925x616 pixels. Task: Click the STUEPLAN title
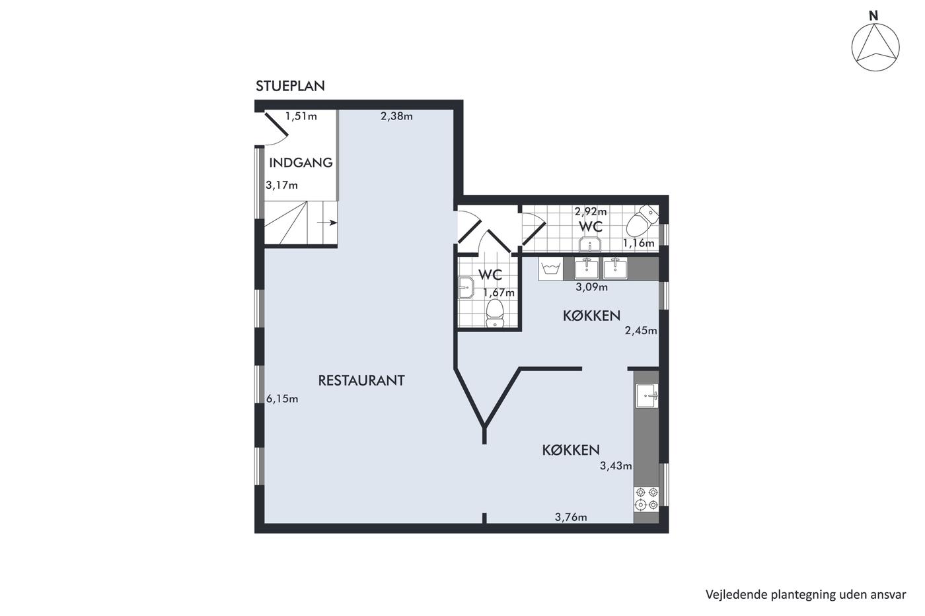click(x=290, y=86)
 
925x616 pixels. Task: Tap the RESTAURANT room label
click(x=361, y=380)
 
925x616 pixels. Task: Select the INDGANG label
click(x=301, y=162)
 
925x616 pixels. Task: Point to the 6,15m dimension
click(x=282, y=399)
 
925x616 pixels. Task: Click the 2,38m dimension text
click(x=396, y=116)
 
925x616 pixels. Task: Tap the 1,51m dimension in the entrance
click(x=301, y=116)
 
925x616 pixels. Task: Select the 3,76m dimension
click(x=571, y=518)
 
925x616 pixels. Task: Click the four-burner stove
click(x=646, y=499)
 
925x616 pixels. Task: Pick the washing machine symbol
click(x=550, y=269)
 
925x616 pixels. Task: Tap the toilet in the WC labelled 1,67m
click(x=495, y=313)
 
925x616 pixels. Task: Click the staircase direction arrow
click(x=326, y=223)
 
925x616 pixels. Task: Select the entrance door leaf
click(x=276, y=124)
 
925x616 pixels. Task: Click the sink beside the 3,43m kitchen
click(x=647, y=395)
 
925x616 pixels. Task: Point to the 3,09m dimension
click(x=592, y=287)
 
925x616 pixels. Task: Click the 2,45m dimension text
click(x=641, y=331)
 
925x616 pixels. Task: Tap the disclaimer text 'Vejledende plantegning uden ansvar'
click(x=805, y=595)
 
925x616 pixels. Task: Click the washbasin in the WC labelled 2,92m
click(x=591, y=244)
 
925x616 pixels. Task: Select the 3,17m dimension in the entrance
click(x=281, y=186)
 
